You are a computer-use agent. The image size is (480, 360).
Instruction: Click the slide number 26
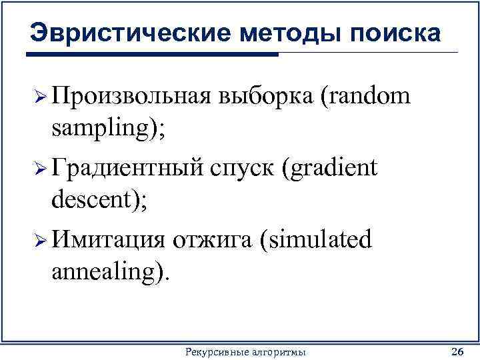pyautogui.click(x=457, y=351)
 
